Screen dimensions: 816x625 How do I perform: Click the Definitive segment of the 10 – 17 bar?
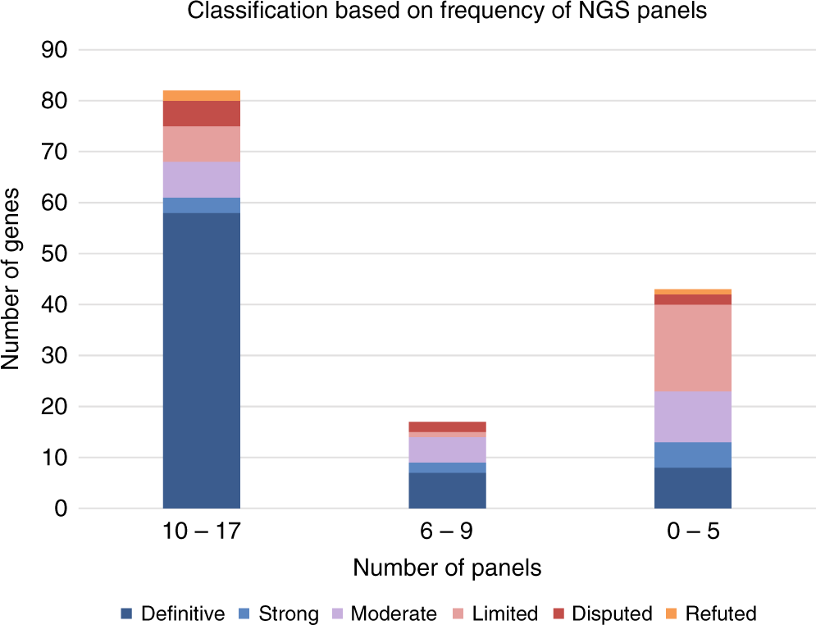(201, 361)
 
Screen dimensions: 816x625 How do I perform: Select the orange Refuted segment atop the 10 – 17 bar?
(201, 95)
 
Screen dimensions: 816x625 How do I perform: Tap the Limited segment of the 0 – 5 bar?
(692, 348)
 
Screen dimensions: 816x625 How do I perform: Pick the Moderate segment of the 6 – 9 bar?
(447, 449)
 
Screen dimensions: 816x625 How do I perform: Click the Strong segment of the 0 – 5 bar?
(692, 454)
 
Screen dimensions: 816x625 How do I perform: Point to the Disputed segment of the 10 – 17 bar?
(201, 113)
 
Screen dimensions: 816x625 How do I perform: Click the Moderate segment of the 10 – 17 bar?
(201, 180)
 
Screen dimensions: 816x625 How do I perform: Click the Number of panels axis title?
(447, 568)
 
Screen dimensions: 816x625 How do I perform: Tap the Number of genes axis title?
(12, 279)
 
